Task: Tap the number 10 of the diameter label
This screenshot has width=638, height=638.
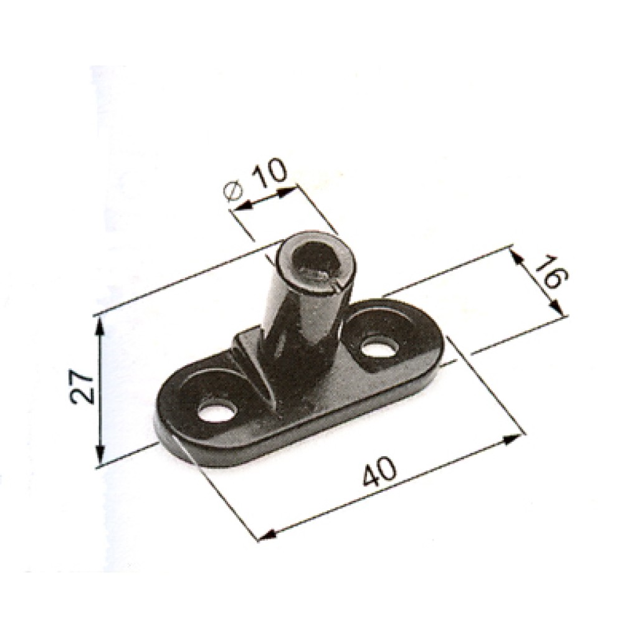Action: tap(272, 174)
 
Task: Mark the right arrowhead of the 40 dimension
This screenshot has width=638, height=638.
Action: tap(513, 440)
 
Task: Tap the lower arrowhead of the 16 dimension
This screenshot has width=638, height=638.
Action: tap(556, 310)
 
